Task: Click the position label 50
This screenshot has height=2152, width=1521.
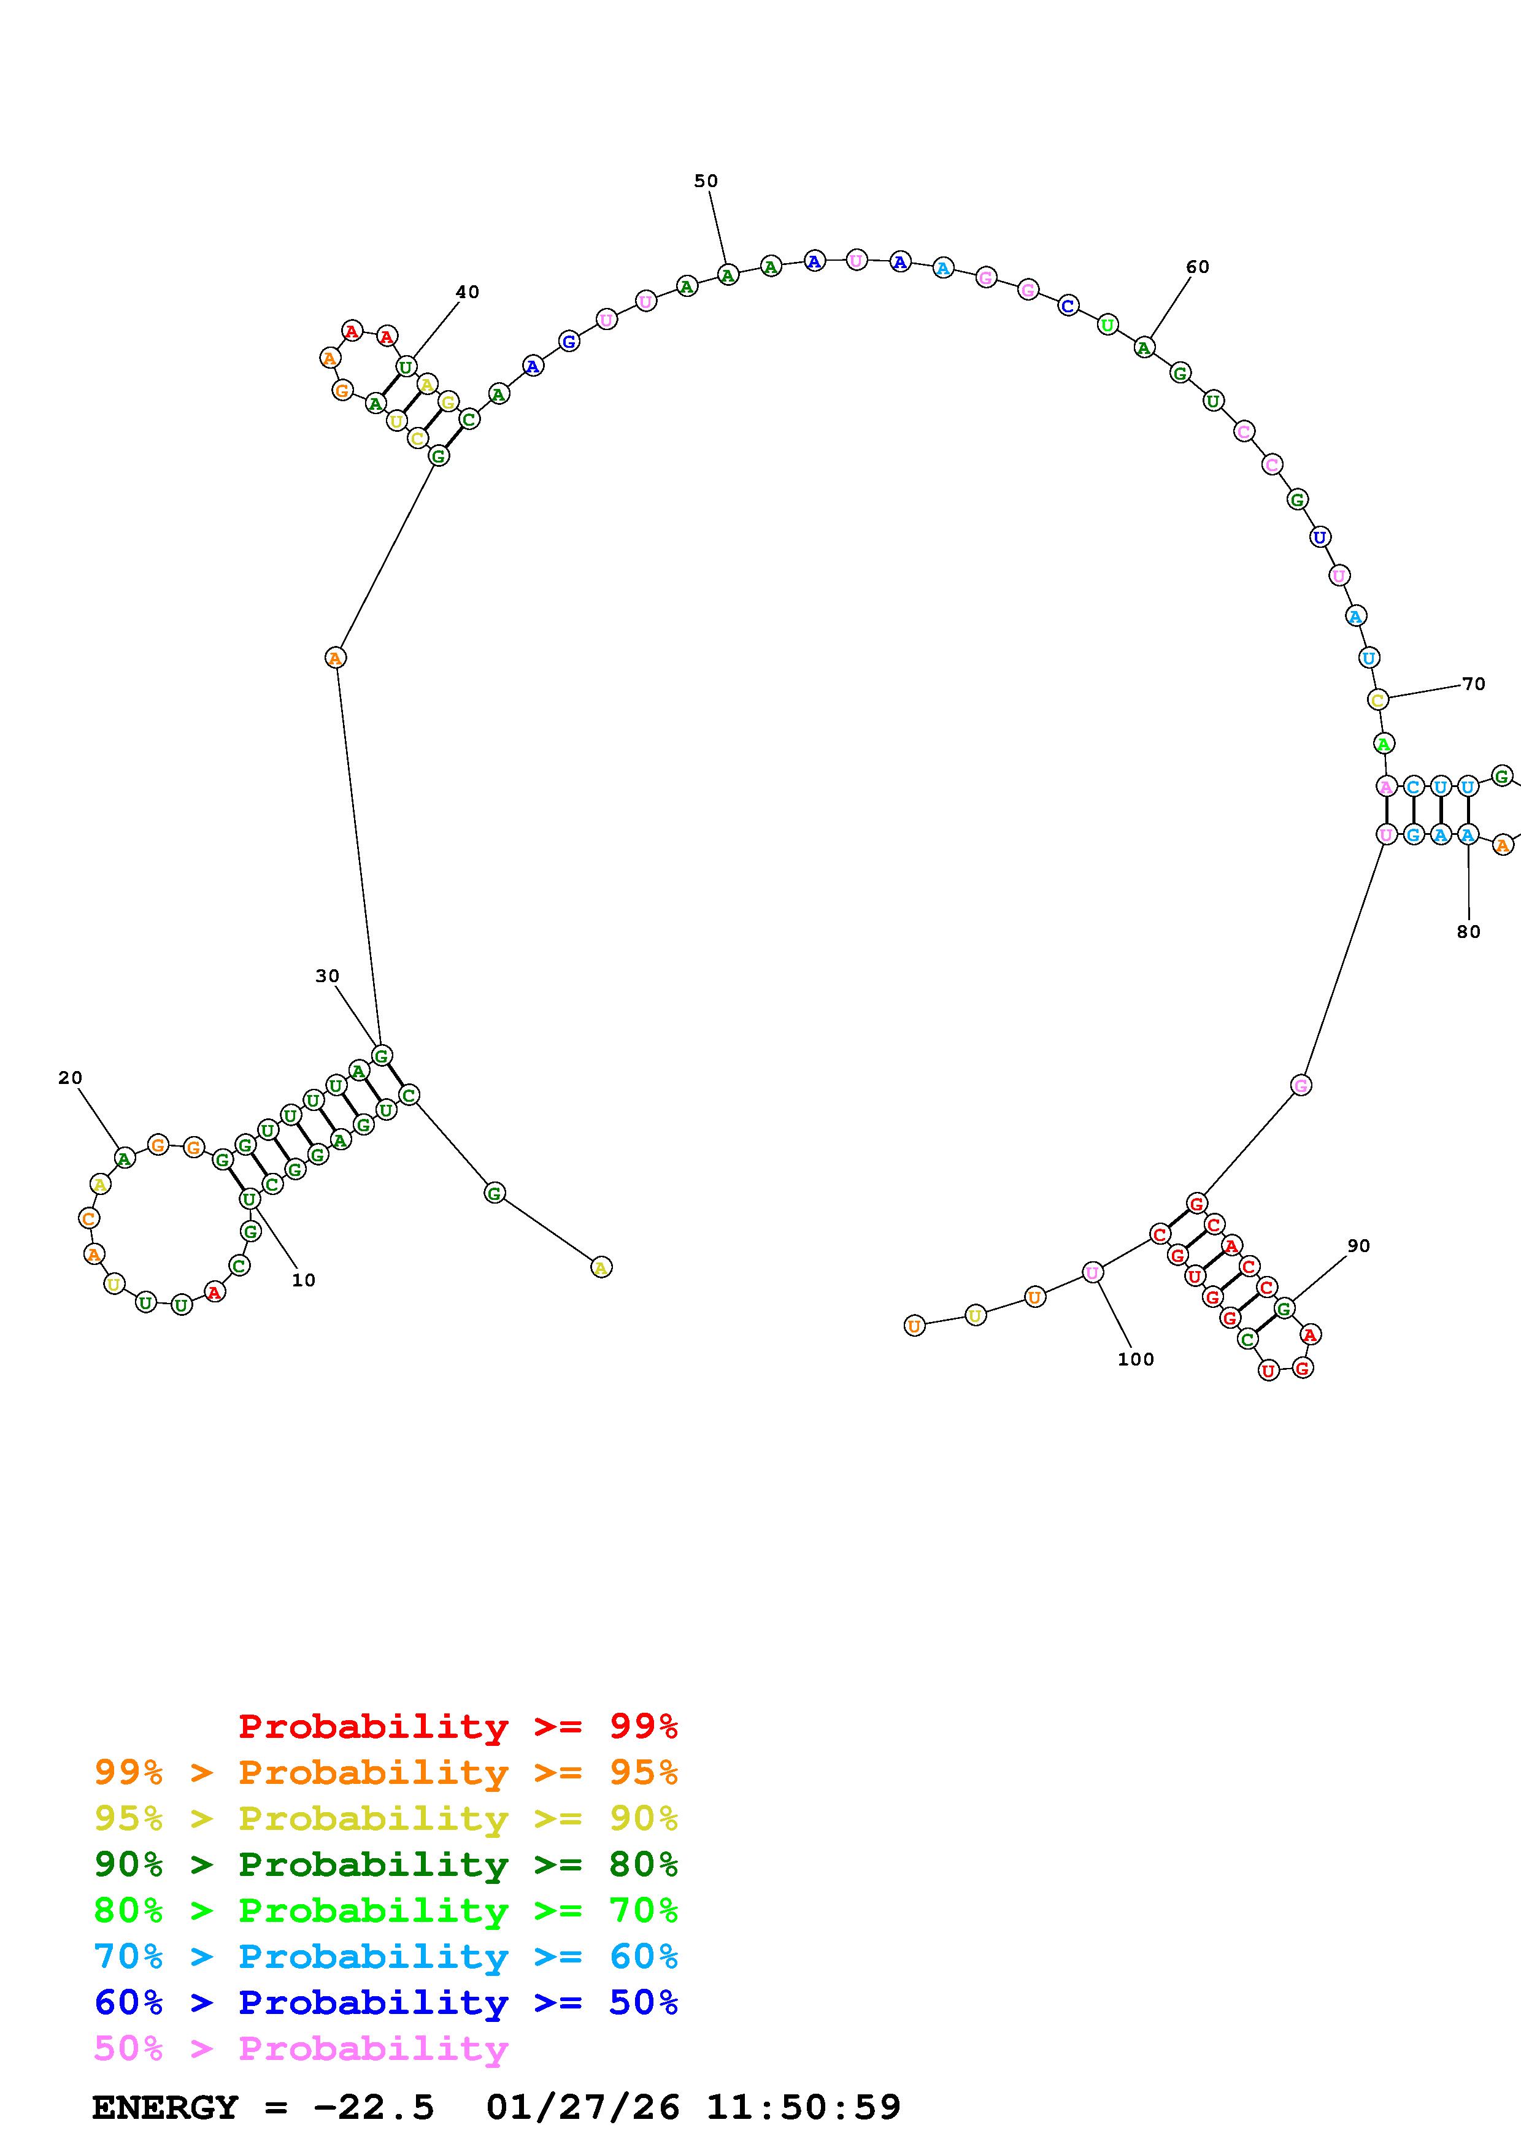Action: [706, 181]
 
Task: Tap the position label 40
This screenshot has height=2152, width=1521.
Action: [468, 293]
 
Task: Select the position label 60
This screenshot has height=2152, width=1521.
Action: [1198, 267]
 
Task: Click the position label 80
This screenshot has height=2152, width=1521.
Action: [1468, 932]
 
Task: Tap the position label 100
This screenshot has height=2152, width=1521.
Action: [1136, 1359]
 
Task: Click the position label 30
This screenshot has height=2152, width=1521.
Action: [327, 976]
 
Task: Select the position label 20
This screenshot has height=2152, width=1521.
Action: [71, 1078]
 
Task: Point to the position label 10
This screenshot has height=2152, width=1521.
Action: [304, 1280]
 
